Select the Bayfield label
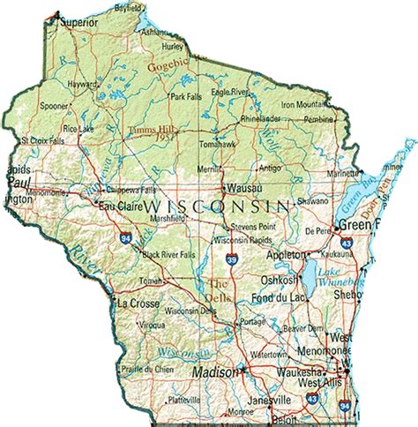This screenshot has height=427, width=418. click(129, 7)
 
